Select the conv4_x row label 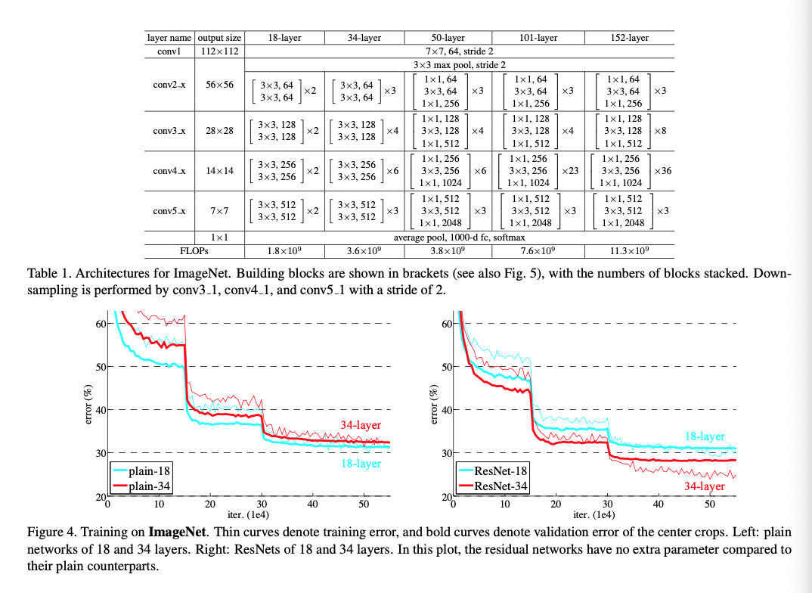tap(169, 171)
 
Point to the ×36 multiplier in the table tap(662, 171)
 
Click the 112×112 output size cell tap(220, 51)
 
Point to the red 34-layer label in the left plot tap(360, 425)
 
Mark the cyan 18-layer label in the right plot tap(705, 436)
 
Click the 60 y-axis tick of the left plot tap(99, 324)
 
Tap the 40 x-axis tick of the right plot tap(658, 504)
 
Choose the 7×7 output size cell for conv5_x tap(220, 211)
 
